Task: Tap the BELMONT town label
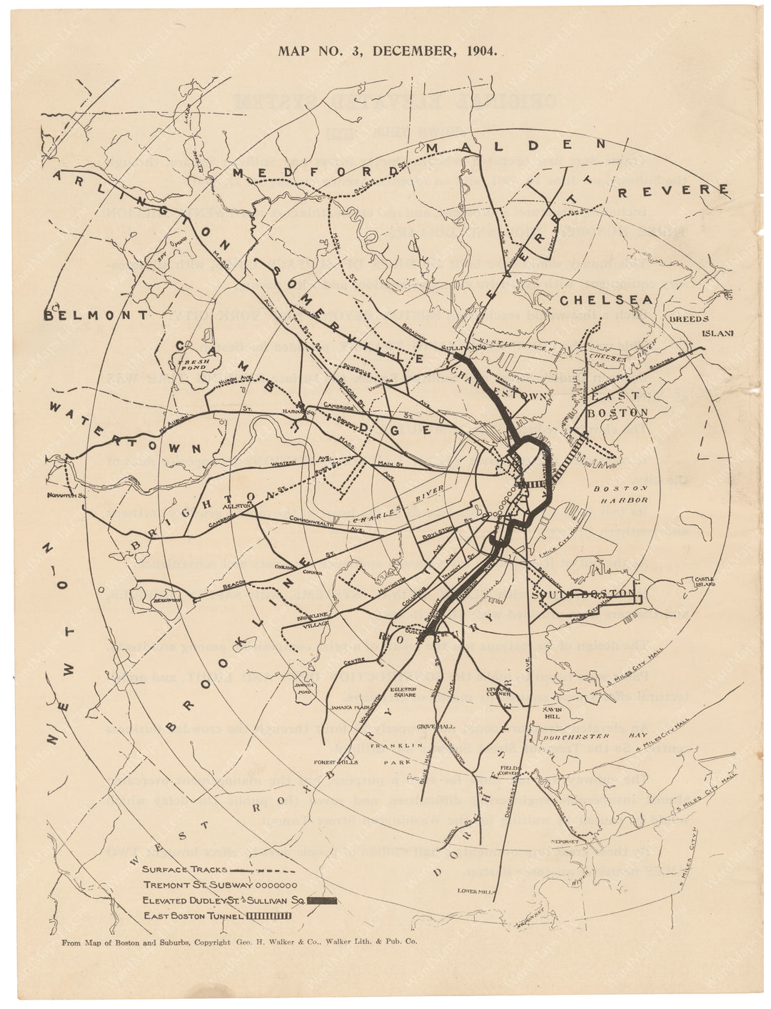point(96,315)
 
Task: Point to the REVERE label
point(674,191)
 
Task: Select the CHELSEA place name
point(606,300)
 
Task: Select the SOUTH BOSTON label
point(583,594)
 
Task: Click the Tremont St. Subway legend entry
point(218,885)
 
